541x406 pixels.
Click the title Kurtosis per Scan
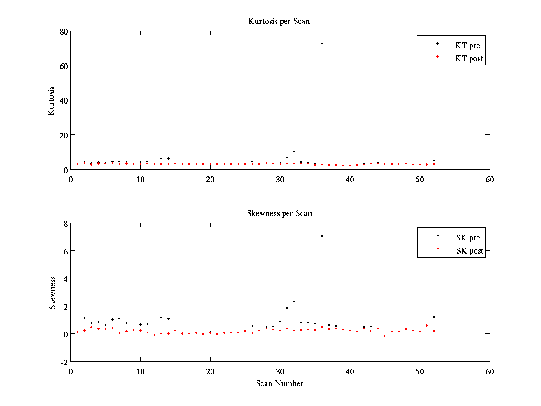pos(279,21)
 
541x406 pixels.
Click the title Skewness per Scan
pos(279,213)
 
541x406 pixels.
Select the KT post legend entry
pos(469,58)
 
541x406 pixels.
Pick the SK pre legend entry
pos(468,238)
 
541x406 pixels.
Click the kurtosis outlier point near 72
pos(322,43)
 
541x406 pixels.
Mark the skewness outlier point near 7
pos(322,236)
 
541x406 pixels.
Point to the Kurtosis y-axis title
pos(51,101)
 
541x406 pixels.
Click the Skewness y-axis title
pos(53,293)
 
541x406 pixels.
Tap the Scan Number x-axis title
pos(280,383)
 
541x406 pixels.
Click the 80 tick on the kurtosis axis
pos(63,32)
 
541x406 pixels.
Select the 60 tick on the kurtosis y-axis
pos(63,66)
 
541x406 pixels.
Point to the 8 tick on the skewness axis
pos(65,223)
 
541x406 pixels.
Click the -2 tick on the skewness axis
pos(63,362)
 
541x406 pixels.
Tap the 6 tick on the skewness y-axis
pos(65,251)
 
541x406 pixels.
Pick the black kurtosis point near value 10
pos(294,152)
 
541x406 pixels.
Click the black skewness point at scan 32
pos(294,301)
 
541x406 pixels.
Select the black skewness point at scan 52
pos(434,317)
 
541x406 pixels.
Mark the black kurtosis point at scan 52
pos(434,160)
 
